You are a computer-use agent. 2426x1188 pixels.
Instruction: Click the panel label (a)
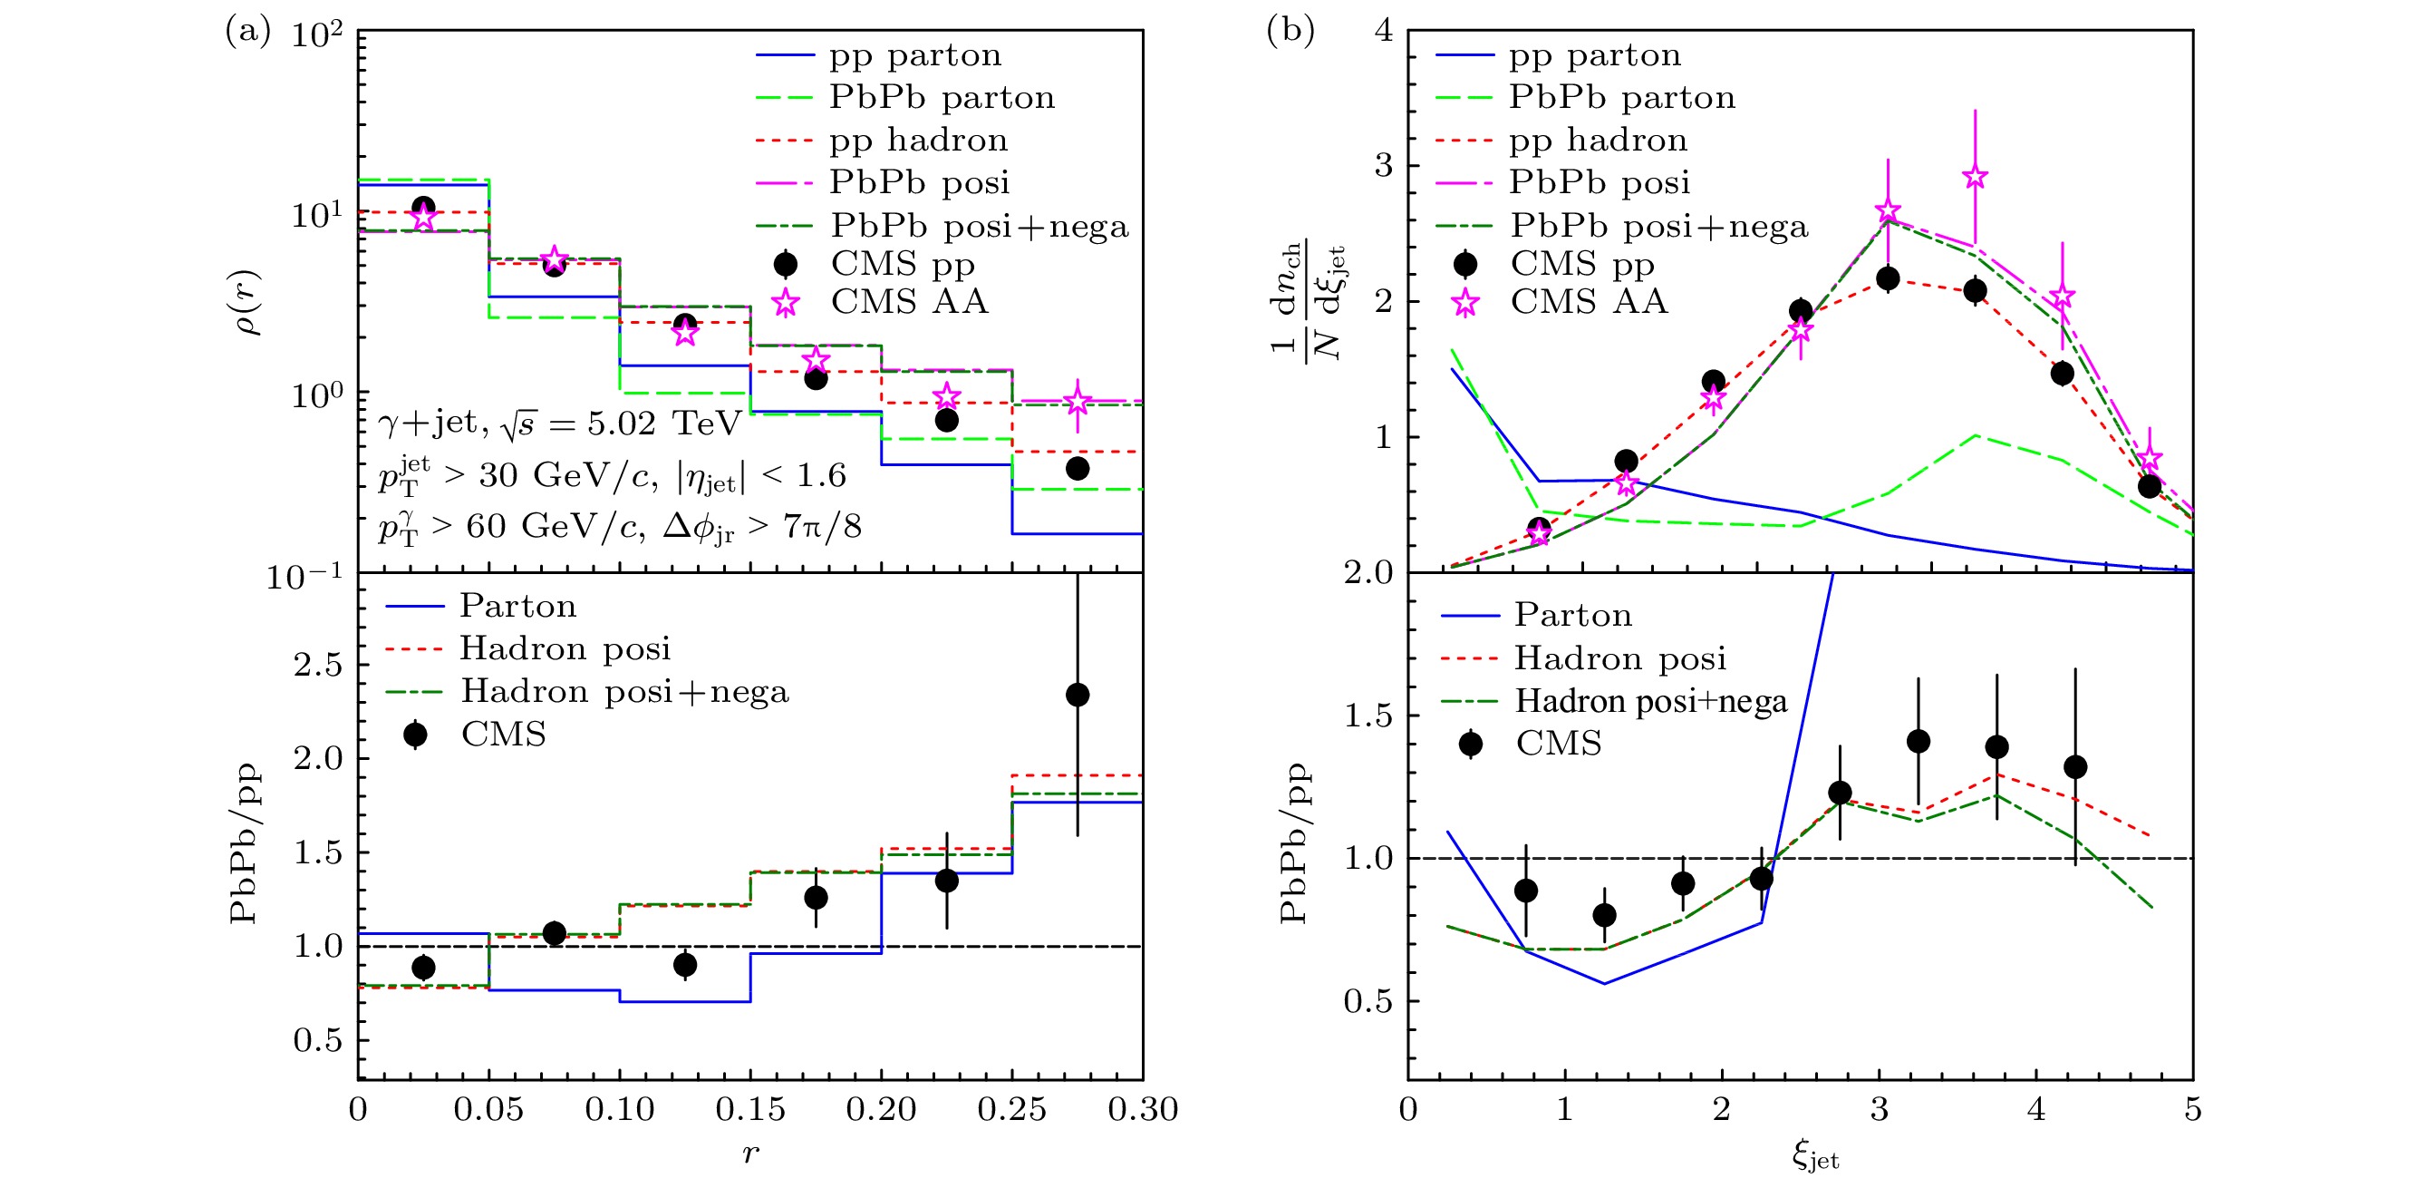coord(246,32)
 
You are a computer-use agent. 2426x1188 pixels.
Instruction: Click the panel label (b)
coord(1290,32)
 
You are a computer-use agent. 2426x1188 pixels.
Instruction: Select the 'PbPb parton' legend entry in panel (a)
coord(942,97)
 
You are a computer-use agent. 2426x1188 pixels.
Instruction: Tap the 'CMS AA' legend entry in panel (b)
coord(1589,301)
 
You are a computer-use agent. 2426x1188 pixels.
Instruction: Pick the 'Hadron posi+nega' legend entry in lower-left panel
coord(624,692)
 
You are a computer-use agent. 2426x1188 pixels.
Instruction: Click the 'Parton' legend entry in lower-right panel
coord(1572,615)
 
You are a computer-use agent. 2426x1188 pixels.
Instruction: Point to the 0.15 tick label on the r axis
coord(749,1110)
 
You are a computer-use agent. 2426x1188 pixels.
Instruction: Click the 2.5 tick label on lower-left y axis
coord(317,664)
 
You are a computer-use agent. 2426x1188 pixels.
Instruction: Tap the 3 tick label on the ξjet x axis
coord(1880,1110)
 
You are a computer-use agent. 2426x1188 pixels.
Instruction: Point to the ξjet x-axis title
coord(1815,1156)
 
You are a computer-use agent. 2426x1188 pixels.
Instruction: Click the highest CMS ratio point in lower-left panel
coord(1078,696)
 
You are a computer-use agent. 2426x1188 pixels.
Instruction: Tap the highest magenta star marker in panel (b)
coord(1975,177)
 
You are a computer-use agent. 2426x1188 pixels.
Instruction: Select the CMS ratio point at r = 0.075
coord(555,932)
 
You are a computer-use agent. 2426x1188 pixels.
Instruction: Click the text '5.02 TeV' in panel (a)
coord(664,423)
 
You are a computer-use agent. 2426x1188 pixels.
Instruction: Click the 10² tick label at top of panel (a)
coord(317,35)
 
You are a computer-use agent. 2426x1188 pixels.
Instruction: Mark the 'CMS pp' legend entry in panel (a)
coord(903,264)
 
